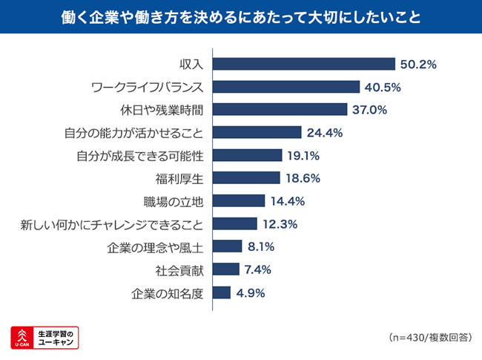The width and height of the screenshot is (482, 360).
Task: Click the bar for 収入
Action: [304, 64]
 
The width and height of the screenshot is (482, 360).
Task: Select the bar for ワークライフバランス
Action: [286, 87]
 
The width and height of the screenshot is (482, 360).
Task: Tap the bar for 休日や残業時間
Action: [280, 110]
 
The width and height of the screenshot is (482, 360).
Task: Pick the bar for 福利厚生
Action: [246, 178]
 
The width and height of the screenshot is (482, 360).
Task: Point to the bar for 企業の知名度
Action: [222, 292]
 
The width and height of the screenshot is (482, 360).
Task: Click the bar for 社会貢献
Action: [226, 269]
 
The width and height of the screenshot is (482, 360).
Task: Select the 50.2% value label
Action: [418, 64]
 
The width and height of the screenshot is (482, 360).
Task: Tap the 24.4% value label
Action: [324, 133]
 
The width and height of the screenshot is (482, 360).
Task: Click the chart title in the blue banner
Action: [241, 16]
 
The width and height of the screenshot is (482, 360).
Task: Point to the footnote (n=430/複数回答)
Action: [429, 337]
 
